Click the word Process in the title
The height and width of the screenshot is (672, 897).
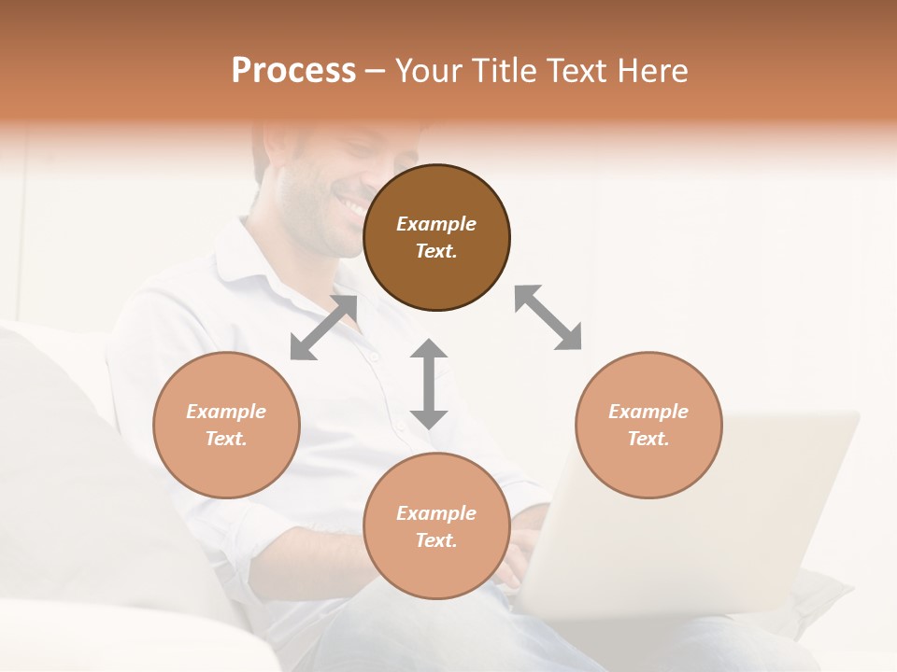pos(293,71)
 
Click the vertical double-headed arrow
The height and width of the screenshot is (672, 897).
pos(429,384)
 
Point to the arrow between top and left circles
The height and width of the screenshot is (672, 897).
pos(323,328)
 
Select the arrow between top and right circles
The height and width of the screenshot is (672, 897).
pos(548,317)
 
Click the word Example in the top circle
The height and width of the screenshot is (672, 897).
pos(436,224)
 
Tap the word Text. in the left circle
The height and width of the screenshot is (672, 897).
pos(226,439)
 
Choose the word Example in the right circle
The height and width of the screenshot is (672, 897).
pos(648,412)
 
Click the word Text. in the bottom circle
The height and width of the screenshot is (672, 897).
pos(436,540)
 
